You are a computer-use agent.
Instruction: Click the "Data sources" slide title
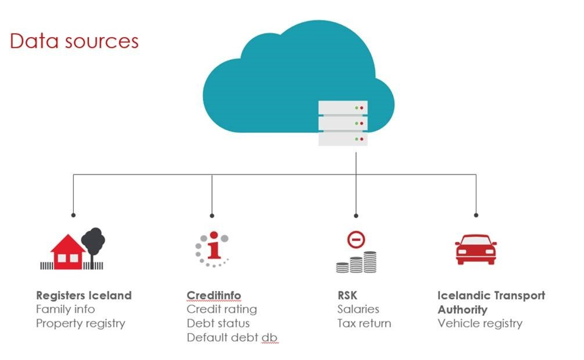pyautogui.click(x=74, y=41)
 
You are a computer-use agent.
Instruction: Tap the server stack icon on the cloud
pyautogui.click(x=343, y=123)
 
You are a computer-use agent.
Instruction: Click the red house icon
pyautogui.click(x=68, y=252)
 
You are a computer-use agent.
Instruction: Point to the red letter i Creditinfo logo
pyautogui.click(x=214, y=248)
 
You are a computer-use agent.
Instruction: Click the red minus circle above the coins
pyautogui.click(x=356, y=240)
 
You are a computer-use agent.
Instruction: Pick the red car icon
pyautogui.click(x=475, y=249)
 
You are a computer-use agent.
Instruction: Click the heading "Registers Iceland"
pyautogui.click(x=84, y=295)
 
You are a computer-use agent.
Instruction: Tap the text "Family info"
pyautogui.click(x=65, y=309)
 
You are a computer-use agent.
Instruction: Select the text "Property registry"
pyautogui.click(x=81, y=323)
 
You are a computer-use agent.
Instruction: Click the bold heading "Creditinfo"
pyautogui.click(x=214, y=295)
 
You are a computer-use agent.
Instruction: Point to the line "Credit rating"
pyautogui.click(x=222, y=309)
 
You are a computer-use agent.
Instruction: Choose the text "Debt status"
pyautogui.click(x=218, y=323)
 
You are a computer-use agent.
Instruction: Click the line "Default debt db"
pyautogui.click(x=232, y=338)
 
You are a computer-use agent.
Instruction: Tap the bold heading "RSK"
pyautogui.click(x=347, y=295)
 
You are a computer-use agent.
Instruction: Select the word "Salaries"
pyautogui.click(x=358, y=309)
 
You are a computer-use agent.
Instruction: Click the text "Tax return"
pyautogui.click(x=364, y=323)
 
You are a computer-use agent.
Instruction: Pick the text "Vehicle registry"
pyautogui.click(x=480, y=323)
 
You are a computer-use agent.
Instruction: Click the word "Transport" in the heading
pyautogui.click(x=519, y=295)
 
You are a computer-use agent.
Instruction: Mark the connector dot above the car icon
pyautogui.click(x=476, y=215)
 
